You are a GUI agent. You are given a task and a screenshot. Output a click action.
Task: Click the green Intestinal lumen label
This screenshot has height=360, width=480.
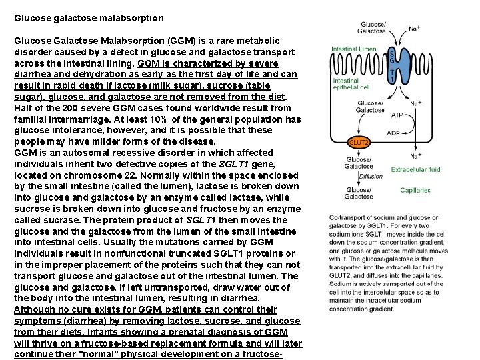tap(354, 49)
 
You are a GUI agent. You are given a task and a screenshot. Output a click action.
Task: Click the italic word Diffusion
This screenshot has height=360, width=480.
tap(371, 177)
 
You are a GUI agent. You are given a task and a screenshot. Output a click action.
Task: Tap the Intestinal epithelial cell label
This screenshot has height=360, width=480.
tap(351, 83)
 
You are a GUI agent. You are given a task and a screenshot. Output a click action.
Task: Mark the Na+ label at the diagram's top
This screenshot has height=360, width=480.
tap(414, 29)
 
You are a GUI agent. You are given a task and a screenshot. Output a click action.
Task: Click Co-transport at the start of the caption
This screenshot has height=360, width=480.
tap(349, 218)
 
